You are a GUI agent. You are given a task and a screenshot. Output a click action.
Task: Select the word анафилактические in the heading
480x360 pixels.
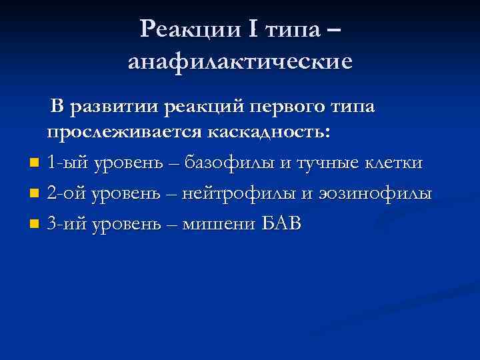click(240, 62)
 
